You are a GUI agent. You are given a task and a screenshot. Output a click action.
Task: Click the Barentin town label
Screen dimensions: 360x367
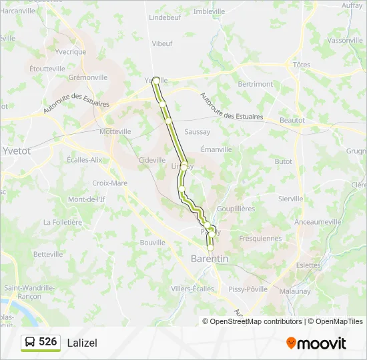pos(210,259)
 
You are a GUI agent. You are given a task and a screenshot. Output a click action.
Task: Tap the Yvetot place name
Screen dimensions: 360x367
pos(17,151)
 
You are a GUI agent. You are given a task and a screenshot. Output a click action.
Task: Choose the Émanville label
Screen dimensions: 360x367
pos(216,149)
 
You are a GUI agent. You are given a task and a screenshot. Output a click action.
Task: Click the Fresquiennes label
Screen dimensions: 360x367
pos(260,238)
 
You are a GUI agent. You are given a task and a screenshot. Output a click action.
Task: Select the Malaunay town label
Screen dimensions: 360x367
pos(295,291)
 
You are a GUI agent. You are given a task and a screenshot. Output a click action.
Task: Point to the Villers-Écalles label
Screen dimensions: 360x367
pos(193,289)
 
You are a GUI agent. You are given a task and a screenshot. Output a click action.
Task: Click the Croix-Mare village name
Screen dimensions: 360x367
pos(109,183)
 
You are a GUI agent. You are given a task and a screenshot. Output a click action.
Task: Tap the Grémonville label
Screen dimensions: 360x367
pos(87,77)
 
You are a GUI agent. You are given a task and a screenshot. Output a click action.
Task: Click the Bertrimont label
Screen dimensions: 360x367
pos(256,84)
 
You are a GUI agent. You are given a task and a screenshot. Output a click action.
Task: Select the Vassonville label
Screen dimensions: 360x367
pos(345,40)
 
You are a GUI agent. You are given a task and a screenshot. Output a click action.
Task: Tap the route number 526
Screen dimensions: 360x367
pos(48,342)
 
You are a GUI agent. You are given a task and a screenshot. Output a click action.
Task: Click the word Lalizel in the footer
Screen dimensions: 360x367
pos(82,343)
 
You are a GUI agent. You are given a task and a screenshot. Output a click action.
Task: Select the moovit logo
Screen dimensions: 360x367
pos(316,343)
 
